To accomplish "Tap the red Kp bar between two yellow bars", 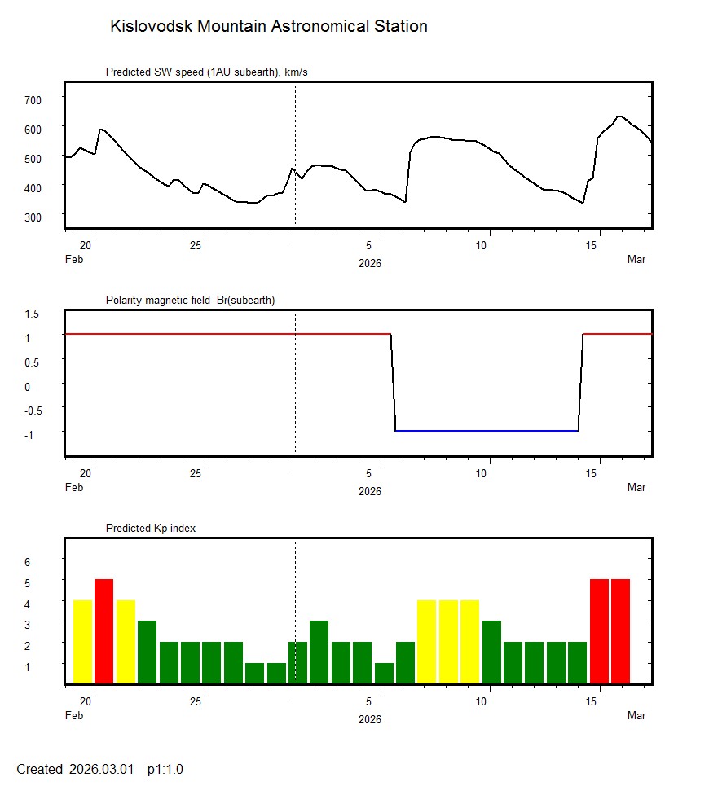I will click(103, 631).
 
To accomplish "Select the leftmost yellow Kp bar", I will click(82, 642).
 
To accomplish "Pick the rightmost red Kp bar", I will click(621, 631).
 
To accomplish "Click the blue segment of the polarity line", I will click(487, 430).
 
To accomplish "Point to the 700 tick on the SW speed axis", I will click(33, 99).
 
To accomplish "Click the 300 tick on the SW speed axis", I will click(33, 217).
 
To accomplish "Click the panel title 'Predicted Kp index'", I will click(151, 528).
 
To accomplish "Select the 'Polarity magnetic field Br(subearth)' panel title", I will click(190, 300).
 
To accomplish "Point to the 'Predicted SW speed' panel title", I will click(206, 72).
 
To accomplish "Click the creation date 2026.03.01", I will click(101, 769).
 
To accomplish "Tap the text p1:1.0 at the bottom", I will click(165, 769).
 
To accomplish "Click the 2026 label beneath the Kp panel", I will click(370, 719).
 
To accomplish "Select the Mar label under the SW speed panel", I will click(636, 260).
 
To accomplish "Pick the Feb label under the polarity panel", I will click(73, 488).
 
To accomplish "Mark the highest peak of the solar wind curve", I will click(620, 116).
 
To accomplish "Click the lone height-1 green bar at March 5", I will click(384, 674).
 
